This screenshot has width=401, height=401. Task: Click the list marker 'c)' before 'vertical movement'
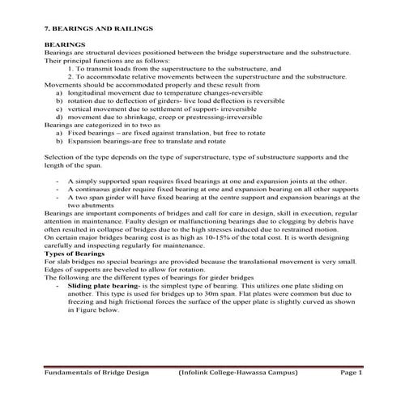tap(61, 108)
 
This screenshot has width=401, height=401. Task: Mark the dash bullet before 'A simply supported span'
tap(58, 181)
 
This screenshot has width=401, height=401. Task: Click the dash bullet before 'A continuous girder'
tap(58, 190)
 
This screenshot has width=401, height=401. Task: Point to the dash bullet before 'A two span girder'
tap(58, 198)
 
